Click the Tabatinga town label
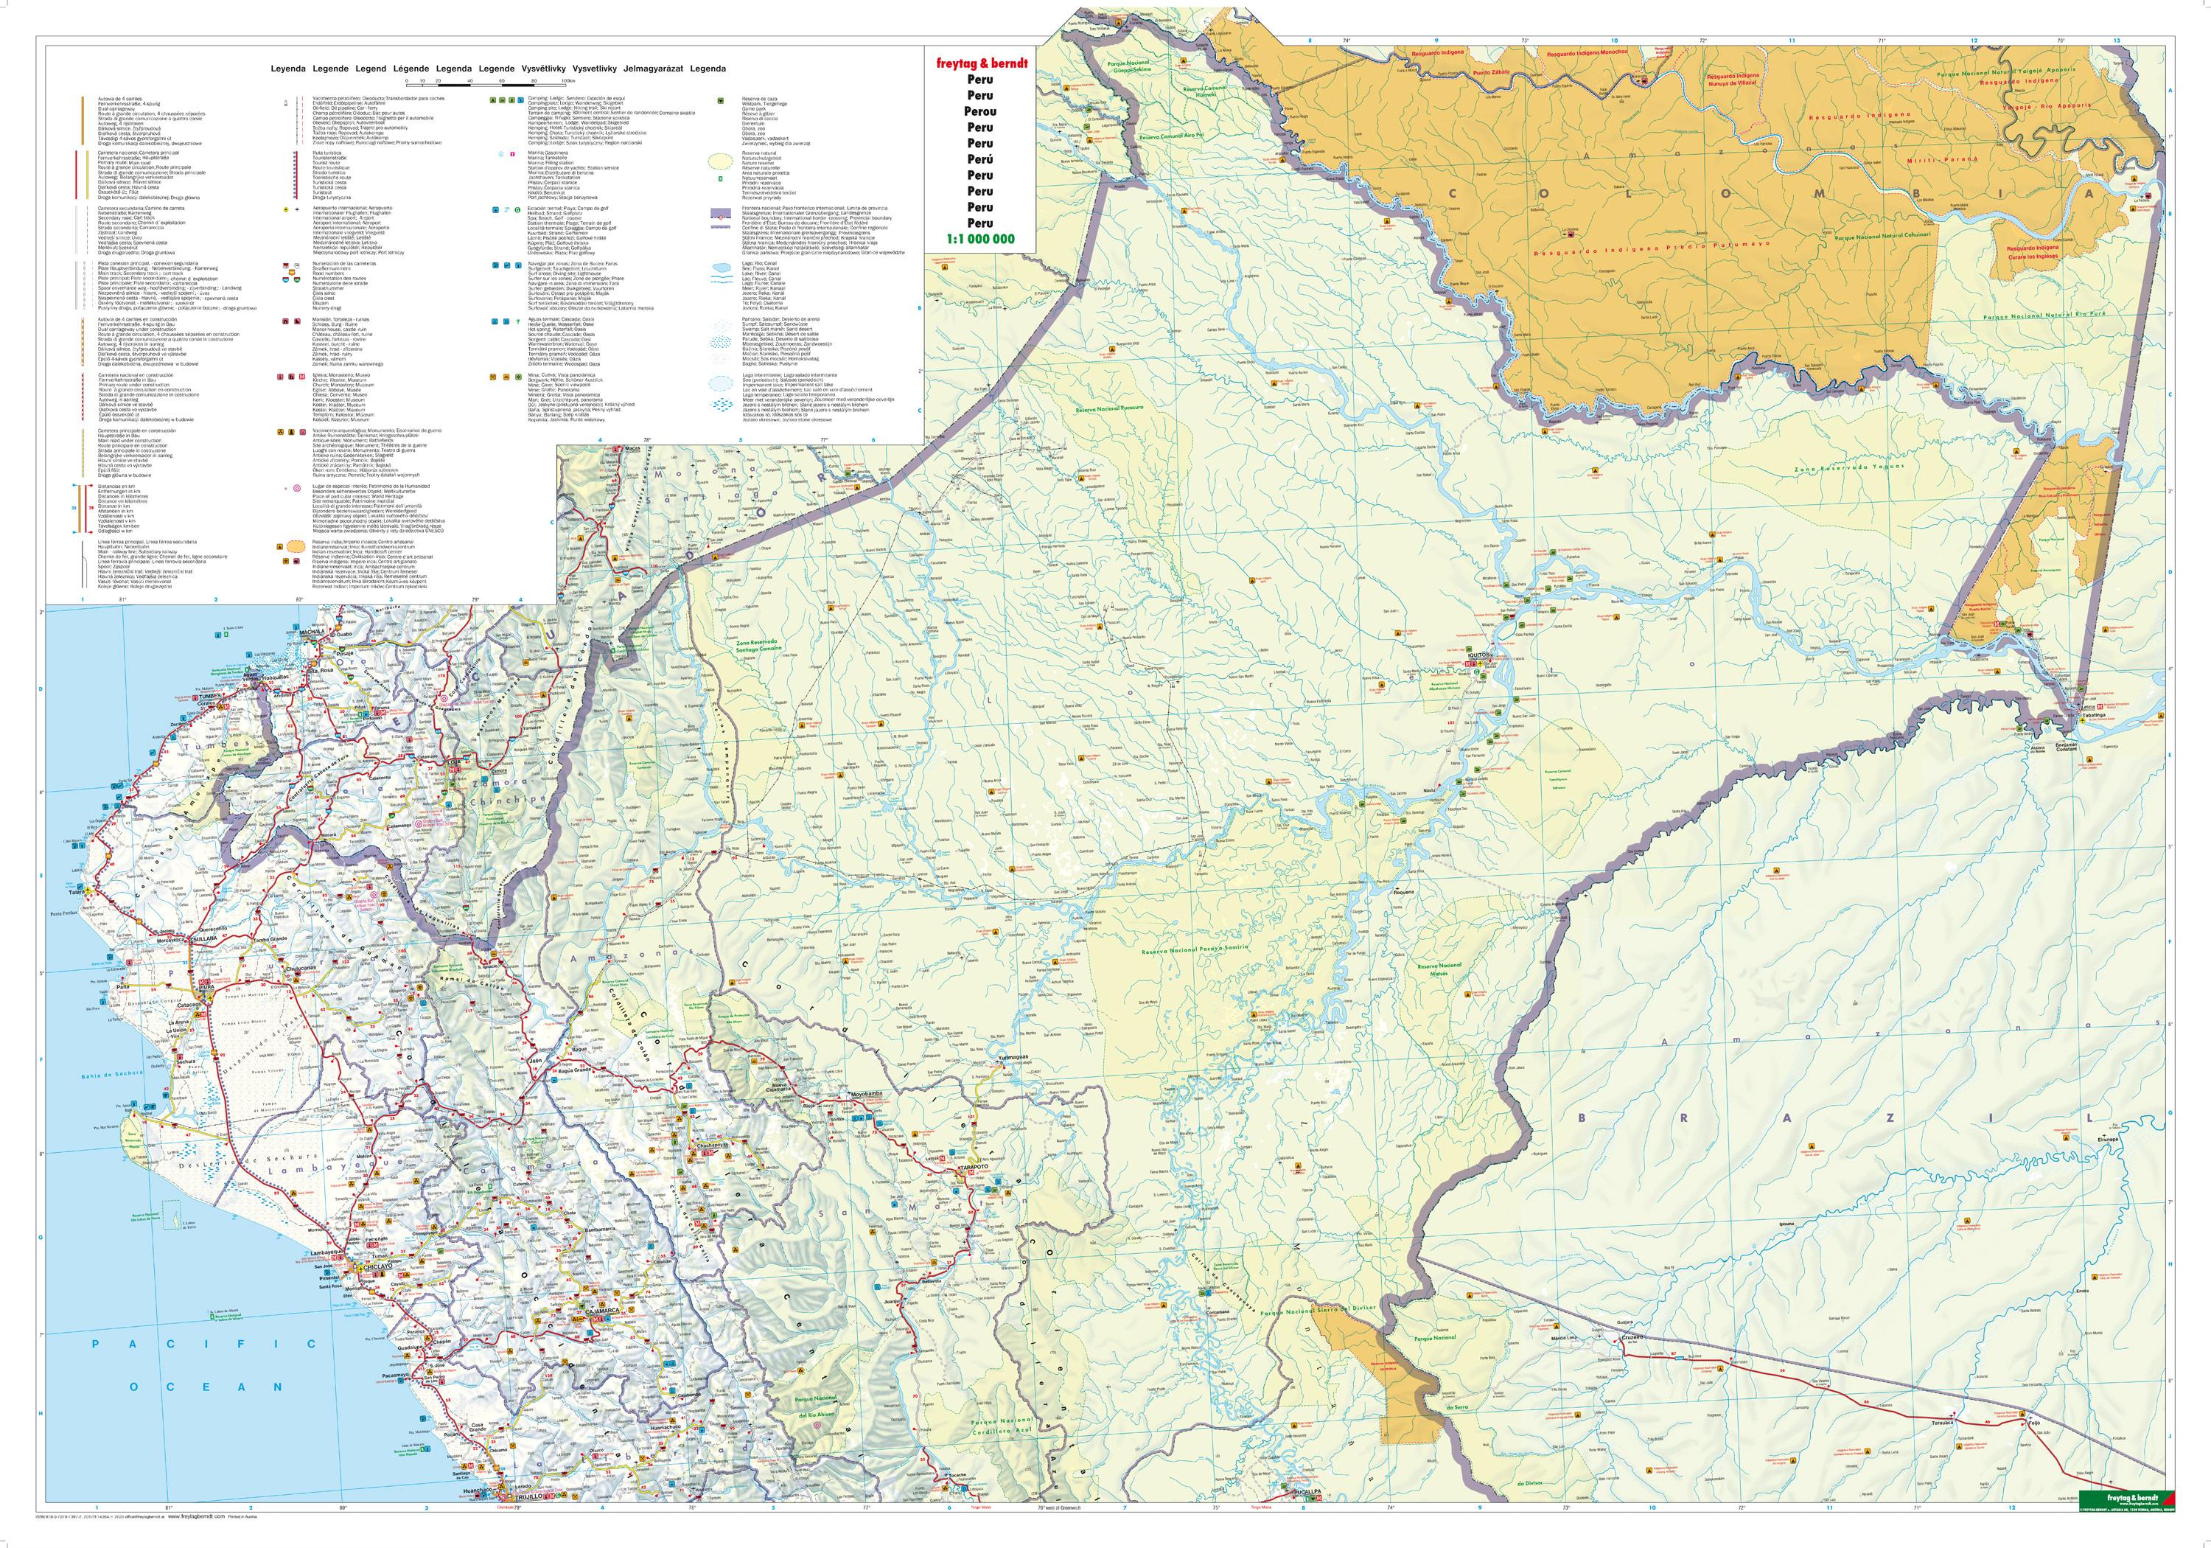tap(2095, 716)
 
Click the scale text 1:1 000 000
tap(979, 239)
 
